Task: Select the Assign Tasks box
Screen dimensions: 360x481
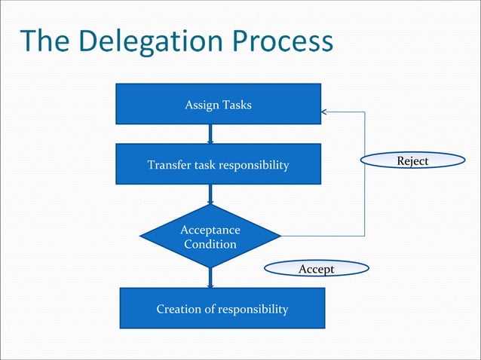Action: pyautogui.click(x=218, y=104)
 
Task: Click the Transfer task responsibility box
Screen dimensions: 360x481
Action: pyautogui.click(x=218, y=164)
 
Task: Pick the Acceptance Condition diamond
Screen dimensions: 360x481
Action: pyautogui.click(x=210, y=236)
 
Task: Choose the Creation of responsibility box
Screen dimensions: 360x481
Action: pyautogui.click(x=222, y=309)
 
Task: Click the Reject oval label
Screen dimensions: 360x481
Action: pyautogui.click(x=412, y=160)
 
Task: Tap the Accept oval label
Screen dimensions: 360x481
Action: pyautogui.click(x=317, y=269)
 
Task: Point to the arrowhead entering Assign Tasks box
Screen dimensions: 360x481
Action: pyautogui.click(x=324, y=112)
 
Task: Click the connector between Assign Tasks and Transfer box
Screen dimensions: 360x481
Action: pyautogui.click(x=210, y=134)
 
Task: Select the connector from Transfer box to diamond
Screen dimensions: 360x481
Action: pyautogui.click(x=210, y=194)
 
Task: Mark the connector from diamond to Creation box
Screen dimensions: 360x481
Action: pyautogui.click(x=210, y=277)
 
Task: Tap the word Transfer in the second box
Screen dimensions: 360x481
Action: pyautogui.click(x=169, y=165)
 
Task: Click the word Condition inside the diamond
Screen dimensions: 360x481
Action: pyautogui.click(x=210, y=244)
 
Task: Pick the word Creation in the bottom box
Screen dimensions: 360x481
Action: pyautogui.click(x=178, y=309)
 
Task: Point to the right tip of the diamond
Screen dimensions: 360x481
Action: pyautogui.click(x=280, y=236)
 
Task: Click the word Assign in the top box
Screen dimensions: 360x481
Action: pyautogui.click(x=201, y=105)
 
